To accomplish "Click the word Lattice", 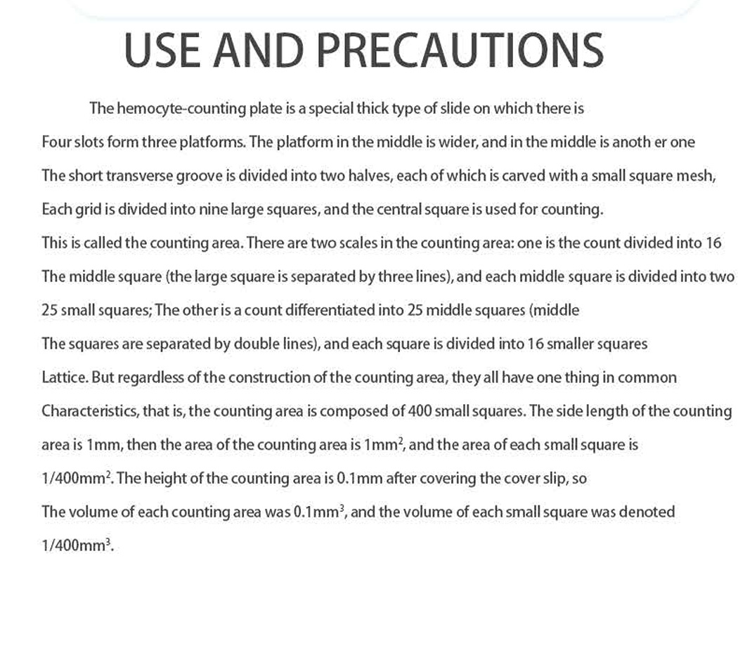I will click(64, 377).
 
